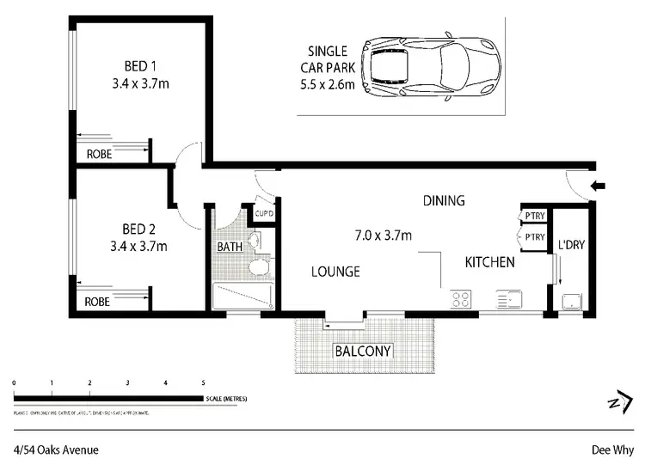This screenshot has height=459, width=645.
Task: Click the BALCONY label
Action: [x=363, y=351]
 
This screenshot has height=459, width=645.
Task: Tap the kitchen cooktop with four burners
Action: [x=461, y=299]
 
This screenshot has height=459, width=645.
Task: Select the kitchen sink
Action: [x=508, y=299]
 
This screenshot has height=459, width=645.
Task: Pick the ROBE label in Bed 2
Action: [x=98, y=302]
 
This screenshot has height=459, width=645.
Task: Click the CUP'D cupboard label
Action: [x=264, y=214]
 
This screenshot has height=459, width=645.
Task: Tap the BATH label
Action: [x=230, y=247]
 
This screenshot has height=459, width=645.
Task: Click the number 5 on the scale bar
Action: [x=203, y=382]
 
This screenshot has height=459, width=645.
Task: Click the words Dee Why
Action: [x=611, y=447]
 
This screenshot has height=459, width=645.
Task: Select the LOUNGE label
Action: [x=335, y=272]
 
